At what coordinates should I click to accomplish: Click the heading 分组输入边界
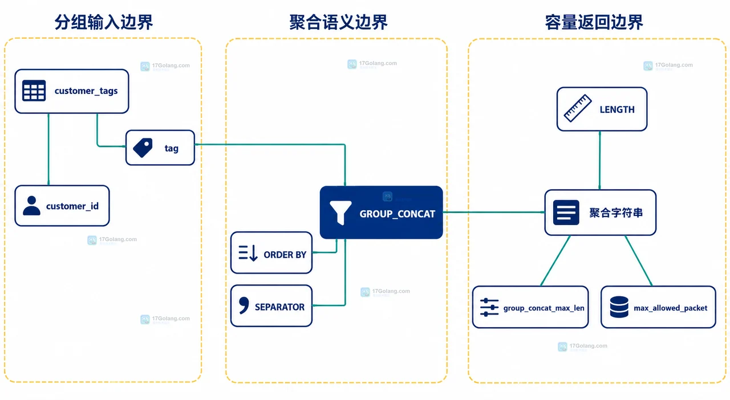[104, 22]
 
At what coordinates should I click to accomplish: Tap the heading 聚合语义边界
[338, 22]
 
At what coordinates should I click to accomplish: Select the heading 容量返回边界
[594, 22]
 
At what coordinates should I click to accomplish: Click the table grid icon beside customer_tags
[34, 91]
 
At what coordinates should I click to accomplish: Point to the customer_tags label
[86, 91]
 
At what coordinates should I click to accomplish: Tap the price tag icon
[143, 148]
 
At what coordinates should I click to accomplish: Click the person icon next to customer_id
[31, 206]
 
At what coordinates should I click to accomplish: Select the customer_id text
[72, 206]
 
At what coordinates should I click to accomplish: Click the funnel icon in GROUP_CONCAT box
[340, 213]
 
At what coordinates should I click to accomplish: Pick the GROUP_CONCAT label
[398, 214]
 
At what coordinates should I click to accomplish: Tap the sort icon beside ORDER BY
[248, 253]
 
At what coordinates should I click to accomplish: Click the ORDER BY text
[285, 255]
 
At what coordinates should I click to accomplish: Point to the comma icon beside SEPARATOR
[244, 305]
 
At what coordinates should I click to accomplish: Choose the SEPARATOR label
[279, 307]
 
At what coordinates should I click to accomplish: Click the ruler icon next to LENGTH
[578, 108]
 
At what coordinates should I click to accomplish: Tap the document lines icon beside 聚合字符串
[566, 213]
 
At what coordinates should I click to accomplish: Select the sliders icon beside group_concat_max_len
[489, 307]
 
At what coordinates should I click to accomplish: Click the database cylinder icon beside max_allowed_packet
[619, 307]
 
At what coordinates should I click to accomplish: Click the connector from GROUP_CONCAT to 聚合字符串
[494, 213]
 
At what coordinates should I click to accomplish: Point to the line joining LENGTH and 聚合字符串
[599, 160]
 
